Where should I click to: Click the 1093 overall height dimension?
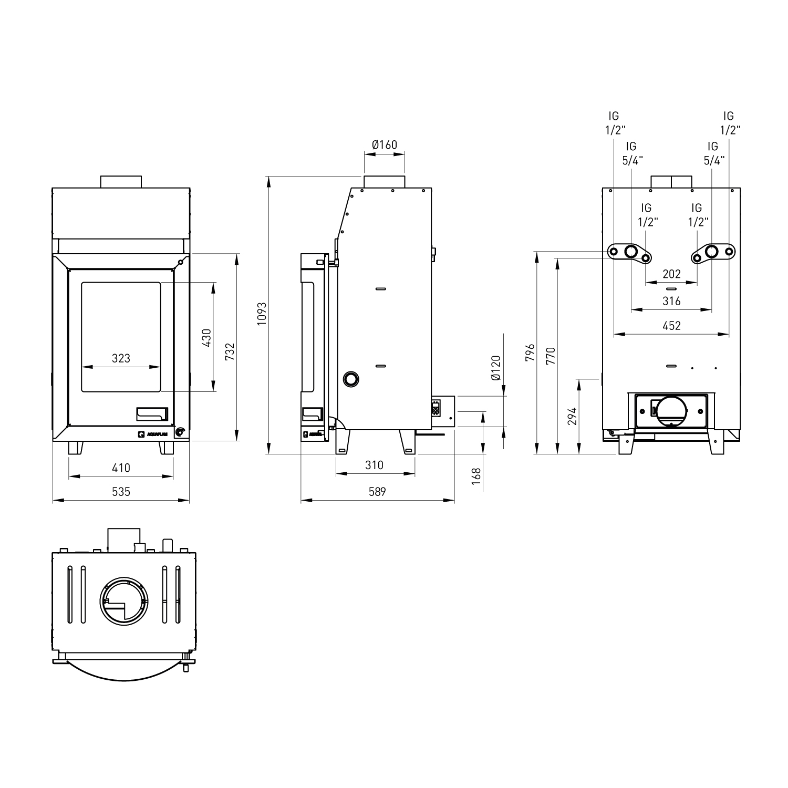tap(262, 314)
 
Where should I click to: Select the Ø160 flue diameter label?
tap(384, 144)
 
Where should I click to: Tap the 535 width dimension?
tap(121, 492)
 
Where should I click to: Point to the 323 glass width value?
tap(121, 358)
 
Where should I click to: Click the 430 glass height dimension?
tap(206, 337)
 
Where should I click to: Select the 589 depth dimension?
tap(377, 492)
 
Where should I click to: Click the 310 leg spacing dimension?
tap(374, 465)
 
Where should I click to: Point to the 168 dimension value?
tap(476, 480)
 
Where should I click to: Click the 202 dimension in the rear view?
tap(671, 274)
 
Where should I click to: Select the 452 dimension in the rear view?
tap(671, 326)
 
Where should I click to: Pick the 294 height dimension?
tap(573, 416)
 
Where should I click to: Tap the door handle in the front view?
tap(152, 414)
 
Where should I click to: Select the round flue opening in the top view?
tap(125, 600)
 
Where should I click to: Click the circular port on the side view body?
tap(350, 378)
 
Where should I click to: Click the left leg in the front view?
tap(76, 448)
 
